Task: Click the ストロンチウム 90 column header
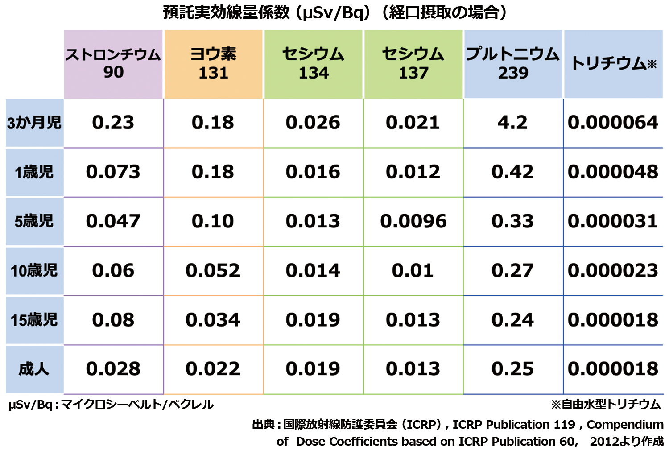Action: [x=113, y=64]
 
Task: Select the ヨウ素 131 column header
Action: [x=213, y=64]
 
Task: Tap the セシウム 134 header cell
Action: [x=313, y=64]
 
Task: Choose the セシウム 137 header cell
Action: [x=413, y=64]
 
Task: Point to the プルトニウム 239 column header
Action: [x=513, y=64]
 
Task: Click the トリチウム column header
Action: [x=613, y=64]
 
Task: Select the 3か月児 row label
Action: [x=34, y=123]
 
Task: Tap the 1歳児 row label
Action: [x=34, y=172]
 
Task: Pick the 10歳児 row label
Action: [x=34, y=271]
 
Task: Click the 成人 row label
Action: [x=34, y=369]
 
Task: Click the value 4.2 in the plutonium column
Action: [x=513, y=123]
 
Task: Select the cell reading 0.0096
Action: [x=413, y=221]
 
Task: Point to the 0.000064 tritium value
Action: [x=613, y=123]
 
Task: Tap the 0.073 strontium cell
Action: [x=113, y=172]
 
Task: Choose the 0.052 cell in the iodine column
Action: [x=213, y=271]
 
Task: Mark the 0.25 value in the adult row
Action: [x=513, y=369]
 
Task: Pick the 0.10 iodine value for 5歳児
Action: [x=213, y=221]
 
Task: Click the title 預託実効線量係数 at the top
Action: [x=334, y=12]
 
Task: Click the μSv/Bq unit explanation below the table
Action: [x=111, y=405]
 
